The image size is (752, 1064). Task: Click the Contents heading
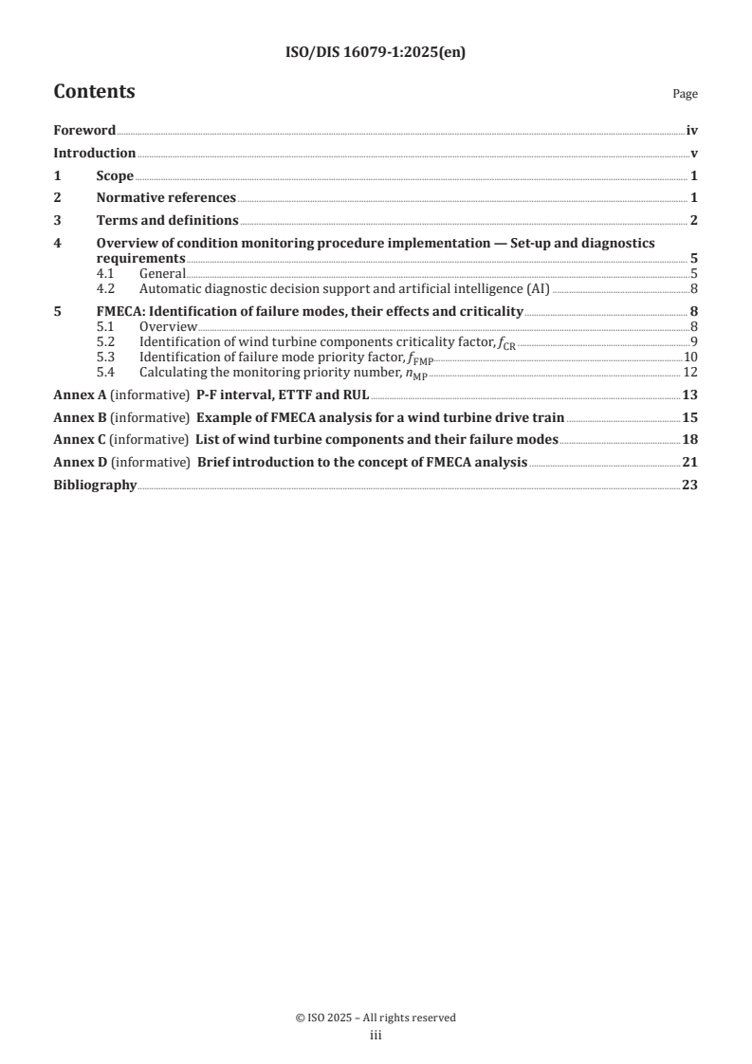pos(94,92)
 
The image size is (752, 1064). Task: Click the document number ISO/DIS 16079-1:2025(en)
pos(376,53)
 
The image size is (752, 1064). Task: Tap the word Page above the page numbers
pos(685,95)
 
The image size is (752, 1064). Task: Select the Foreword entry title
pos(84,131)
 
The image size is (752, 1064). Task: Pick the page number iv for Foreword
pos(691,131)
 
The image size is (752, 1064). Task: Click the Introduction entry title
pos(94,154)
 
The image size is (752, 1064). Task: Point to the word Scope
pos(115,176)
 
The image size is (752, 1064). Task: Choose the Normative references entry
pos(166,198)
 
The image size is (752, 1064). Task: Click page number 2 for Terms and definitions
pos(694,221)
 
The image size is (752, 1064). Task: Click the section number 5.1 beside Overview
pos(105,327)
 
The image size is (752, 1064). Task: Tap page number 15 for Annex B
pos(690,417)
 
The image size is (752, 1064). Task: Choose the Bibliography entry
pos(95,486)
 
